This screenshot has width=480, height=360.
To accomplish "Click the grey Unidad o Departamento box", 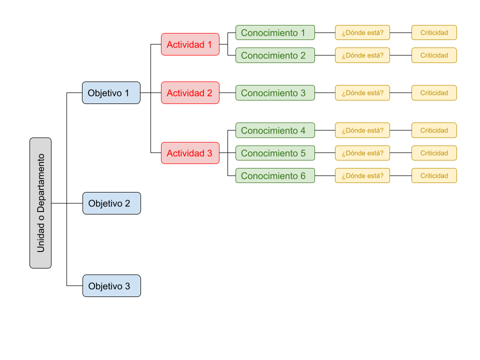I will [x=40, y=203].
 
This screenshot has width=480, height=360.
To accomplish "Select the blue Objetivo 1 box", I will [x=111, y=93].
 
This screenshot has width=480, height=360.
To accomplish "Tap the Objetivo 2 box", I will [x=111, y=203].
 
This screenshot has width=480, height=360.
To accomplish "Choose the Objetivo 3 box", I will [x=111, y=286].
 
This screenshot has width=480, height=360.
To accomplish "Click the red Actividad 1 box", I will [x=190, y=44].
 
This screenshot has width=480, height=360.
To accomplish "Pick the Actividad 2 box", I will [x=190, y=93].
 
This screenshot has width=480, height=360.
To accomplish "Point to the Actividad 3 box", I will [x=190, y=153].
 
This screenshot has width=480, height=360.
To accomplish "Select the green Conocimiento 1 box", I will [x=275, y=32].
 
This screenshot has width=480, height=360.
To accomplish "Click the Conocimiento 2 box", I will [x=275, y=55].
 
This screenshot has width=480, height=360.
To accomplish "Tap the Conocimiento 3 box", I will [x=275, y=93].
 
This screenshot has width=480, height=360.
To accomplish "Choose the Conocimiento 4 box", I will [x=275, y=130].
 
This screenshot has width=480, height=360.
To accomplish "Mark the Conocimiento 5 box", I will [x=275, y=153].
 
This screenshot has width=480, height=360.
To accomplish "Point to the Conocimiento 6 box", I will [x=275, y=175].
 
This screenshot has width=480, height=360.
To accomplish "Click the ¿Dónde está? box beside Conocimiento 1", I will [x=362, y=32].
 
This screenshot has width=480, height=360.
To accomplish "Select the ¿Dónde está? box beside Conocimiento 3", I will [x=362, y=93].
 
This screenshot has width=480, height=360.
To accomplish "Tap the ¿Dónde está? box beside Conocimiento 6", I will [x=362, y=175].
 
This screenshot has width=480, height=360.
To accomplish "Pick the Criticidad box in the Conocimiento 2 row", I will [x=434, y=55].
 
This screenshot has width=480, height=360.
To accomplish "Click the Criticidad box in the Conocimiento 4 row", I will [x=434, y=130].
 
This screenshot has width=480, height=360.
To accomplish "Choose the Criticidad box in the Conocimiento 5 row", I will [x=434, y=153].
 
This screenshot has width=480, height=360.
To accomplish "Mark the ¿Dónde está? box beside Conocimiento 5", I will [x=362, y=153].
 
